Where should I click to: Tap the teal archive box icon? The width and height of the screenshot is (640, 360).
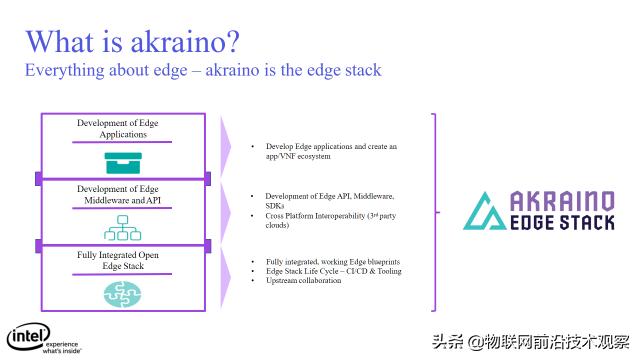(125, 161)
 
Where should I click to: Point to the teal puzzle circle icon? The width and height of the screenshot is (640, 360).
(124, 294)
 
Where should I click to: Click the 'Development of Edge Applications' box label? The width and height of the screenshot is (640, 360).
(125, 129)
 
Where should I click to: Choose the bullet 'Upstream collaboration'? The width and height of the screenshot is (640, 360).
(304, 280)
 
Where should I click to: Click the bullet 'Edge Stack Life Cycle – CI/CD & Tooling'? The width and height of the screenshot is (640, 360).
(332, 271)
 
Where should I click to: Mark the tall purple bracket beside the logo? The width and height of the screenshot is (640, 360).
(436, 211)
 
